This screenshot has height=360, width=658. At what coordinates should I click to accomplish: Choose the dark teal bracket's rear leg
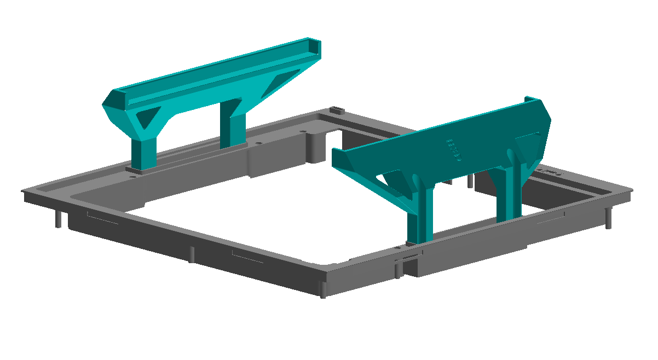(510, 191)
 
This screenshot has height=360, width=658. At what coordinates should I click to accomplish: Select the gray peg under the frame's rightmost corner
(608, 218)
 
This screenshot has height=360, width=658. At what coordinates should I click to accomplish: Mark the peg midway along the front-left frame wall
(192, 254)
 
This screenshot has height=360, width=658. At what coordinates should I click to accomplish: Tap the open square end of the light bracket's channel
(315, 49)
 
